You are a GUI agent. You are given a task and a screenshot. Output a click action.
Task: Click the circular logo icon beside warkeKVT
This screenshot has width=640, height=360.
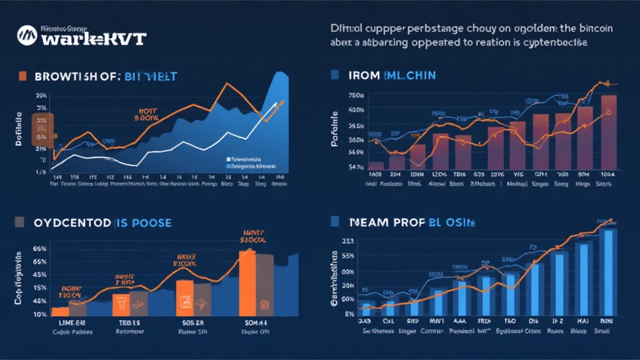(x=28, y=36)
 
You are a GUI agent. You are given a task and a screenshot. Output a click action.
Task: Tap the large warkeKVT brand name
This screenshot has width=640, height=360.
(x=94, y=38)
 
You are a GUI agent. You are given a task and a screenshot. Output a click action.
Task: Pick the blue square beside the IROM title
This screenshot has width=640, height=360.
(x=334, y=75)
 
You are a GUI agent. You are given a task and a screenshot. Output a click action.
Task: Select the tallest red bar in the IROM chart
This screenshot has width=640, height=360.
(x=608, y=132)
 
